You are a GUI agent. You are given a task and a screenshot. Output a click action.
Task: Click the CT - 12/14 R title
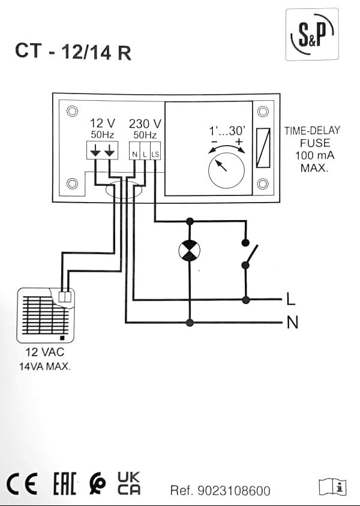click(x=73, y=52)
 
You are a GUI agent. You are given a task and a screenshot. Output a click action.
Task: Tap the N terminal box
click(x=135, y=154)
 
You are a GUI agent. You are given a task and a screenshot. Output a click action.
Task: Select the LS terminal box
click(x=155, y=154)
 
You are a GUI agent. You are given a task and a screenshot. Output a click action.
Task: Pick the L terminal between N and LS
click(x=145, y=154)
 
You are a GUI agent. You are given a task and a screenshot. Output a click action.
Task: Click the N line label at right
click(x=292, y=323)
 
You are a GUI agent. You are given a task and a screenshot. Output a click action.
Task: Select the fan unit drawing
click(x=45, y=314)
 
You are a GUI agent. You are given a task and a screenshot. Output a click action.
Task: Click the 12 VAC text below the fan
click(x=44, y=353)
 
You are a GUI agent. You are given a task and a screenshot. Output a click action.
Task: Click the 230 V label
click(x=145, y=124)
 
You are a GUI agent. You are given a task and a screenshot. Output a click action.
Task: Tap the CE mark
click(x=22, y=484)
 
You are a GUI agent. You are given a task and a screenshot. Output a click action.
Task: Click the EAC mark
click(x=64, y=484)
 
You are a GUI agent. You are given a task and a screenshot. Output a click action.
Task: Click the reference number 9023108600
click(x=220, y=491)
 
